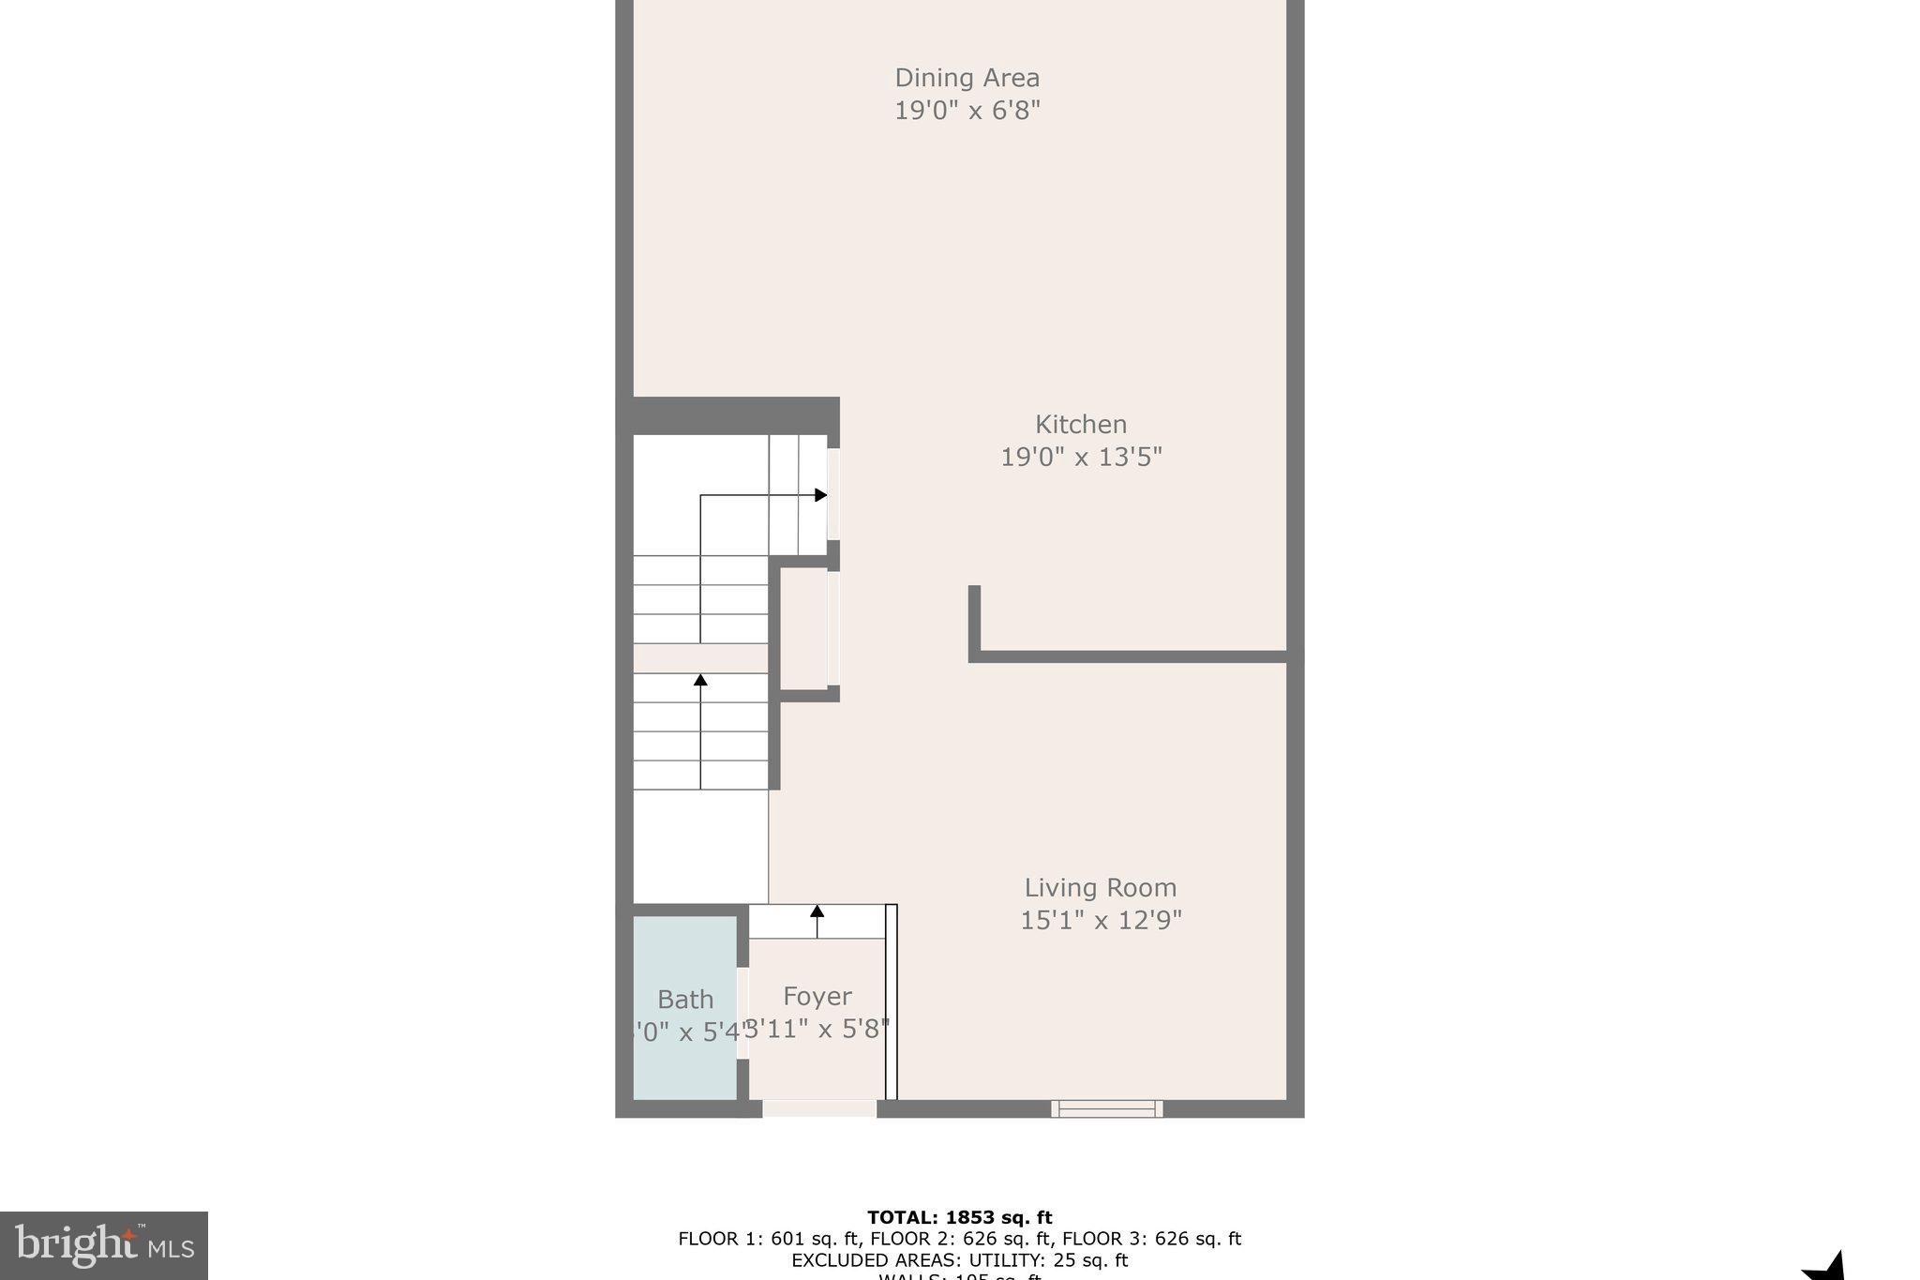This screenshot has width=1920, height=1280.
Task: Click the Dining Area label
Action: (967, 78)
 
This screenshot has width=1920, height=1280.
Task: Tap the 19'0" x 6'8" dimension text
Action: (967, 111)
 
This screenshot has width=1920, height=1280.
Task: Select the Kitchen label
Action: (1080, 425)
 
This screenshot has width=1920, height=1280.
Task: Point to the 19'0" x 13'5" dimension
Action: (1081, 458)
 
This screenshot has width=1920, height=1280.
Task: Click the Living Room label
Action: (1100, 888)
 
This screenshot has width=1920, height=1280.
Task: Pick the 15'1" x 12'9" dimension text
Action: (1101, 921)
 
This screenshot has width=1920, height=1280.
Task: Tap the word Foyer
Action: (817, 996)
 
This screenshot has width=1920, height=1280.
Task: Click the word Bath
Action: (685, 1000)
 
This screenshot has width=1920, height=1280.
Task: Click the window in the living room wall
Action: (1106, 1108)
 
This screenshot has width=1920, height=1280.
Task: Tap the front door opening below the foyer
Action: (819, 1108)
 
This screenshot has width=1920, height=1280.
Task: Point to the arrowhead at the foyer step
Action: (817, 911)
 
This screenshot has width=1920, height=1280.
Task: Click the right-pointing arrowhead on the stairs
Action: (821, 495)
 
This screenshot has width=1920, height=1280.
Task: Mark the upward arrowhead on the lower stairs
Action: (700, 679)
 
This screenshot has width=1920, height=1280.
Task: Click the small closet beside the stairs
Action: (804, 628)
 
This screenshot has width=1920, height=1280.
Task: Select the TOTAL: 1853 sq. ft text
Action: (959, 1217)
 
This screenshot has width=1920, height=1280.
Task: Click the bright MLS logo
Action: (104, 1245)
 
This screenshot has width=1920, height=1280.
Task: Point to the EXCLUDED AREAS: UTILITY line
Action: (959, 1260)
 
